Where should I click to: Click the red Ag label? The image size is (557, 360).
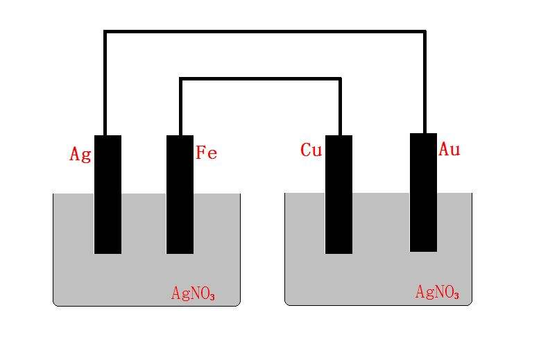tap(80, 155)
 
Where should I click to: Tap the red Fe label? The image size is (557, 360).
tap(207, 153)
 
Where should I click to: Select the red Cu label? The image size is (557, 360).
tap(311, 150)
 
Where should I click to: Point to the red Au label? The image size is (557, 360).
tap(449, 149)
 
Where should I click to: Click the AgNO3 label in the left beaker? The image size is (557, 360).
tap(193, 293)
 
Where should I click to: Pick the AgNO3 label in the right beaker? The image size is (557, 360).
tap(437, 292)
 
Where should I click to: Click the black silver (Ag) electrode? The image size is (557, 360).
tap(108, 194)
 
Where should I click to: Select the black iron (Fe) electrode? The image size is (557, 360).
tap(180, 194)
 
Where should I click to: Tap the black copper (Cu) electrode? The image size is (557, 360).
tap(339, 194)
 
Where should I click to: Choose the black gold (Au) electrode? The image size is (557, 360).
tap(423, 193)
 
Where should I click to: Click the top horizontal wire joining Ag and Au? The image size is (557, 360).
tap(265, 32)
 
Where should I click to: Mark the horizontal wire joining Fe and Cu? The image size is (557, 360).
tap(260, 79)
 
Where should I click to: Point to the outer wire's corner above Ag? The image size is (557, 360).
tap(105, 32)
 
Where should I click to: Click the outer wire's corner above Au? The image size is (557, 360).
tap(425, 32)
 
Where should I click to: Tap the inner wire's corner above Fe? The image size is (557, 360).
tap(181, 79)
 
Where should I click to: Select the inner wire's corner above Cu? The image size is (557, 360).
tap(340, 79)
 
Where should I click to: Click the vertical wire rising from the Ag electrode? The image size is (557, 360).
tap(105, 83)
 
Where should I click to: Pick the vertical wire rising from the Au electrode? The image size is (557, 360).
tap(425, 82)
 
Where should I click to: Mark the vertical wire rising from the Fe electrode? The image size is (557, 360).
tap(181, 106)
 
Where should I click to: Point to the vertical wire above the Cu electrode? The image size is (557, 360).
tap(340, 106)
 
